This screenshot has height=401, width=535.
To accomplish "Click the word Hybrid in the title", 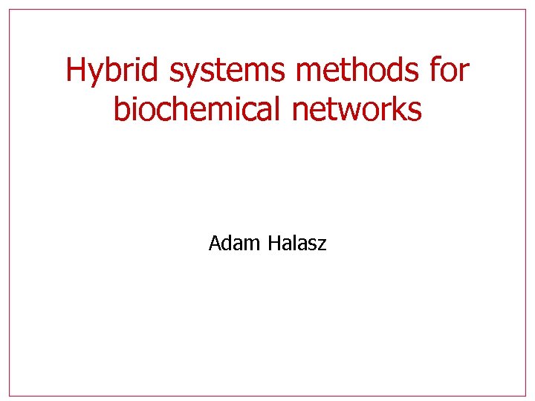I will tap(114, 71).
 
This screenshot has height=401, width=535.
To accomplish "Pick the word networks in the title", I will tap(357, 109).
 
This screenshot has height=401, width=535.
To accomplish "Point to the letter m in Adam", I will tap(247, 244).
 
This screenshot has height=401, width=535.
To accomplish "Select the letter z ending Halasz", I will tap(322, 244).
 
